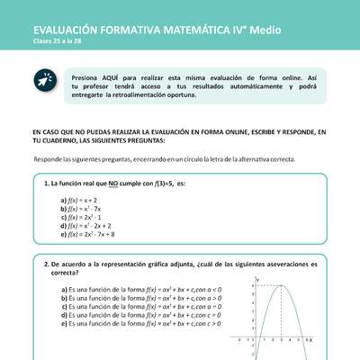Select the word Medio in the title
tap(260, 30)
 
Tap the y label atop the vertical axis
tap(257, 280)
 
